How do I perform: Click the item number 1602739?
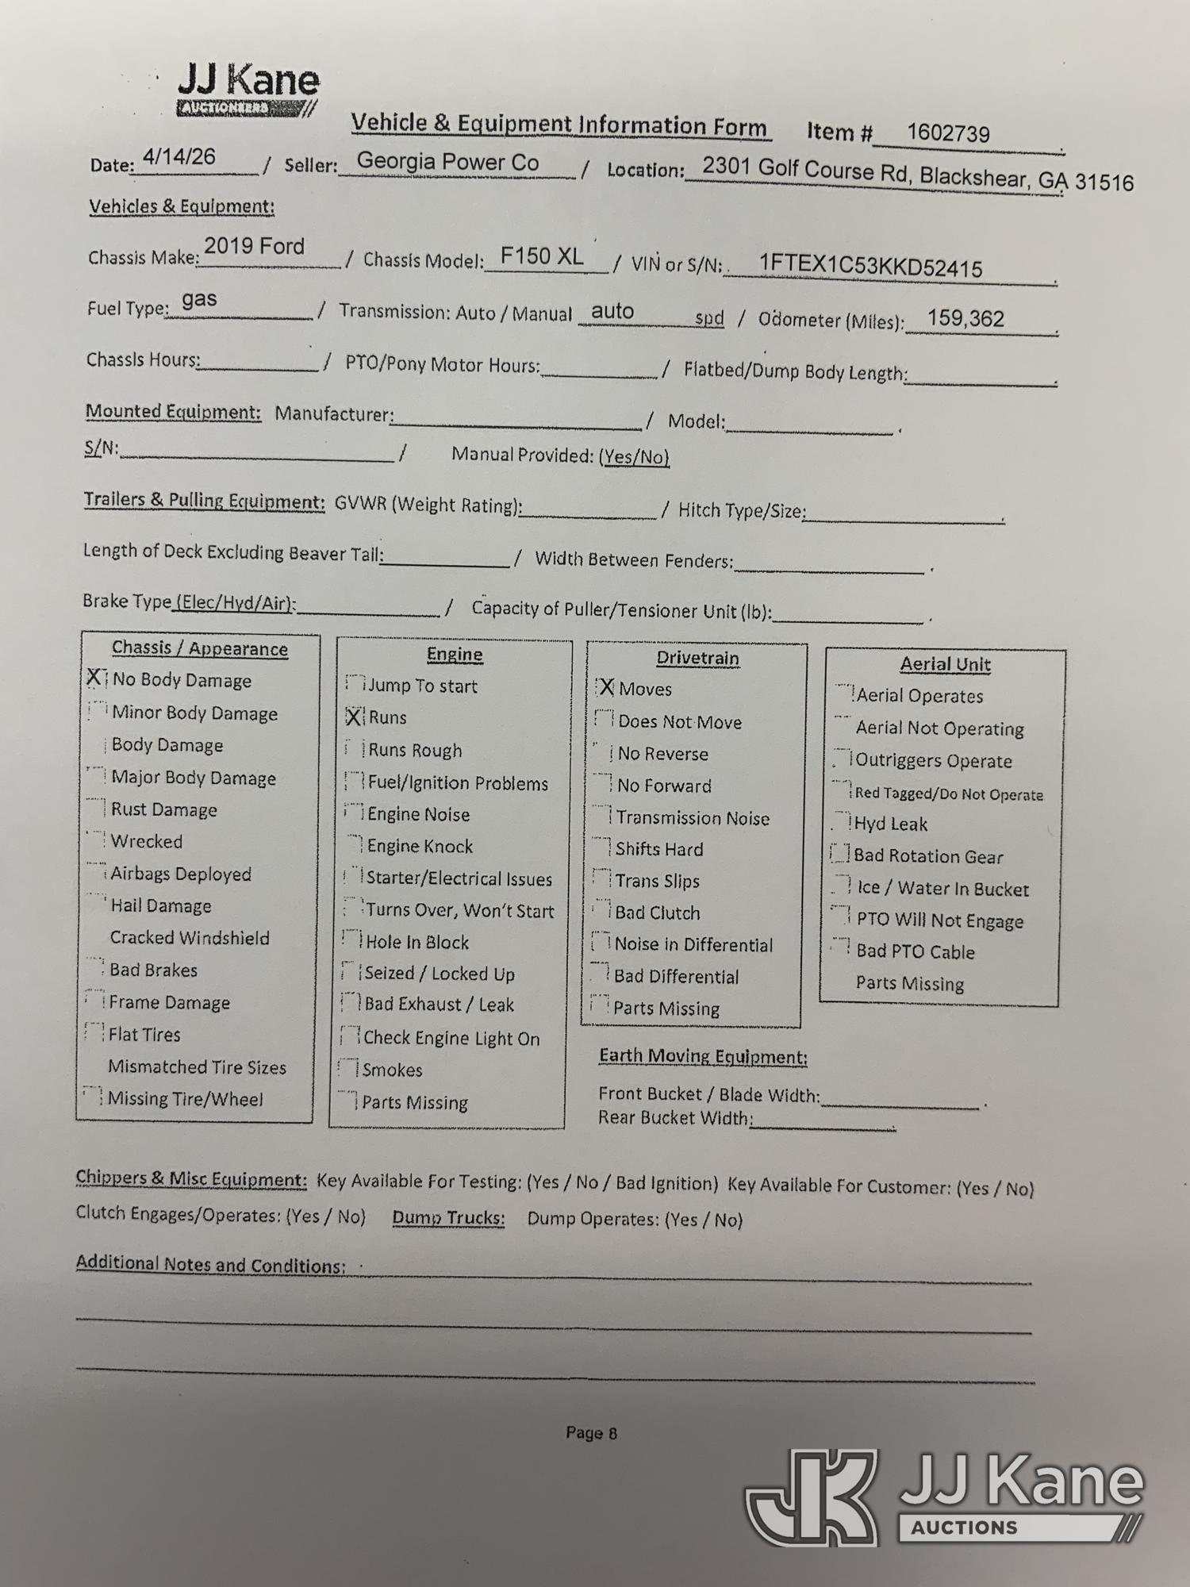tap(948, 133)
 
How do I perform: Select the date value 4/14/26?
tap(178, 156)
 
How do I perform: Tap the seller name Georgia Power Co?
tap(447, 162)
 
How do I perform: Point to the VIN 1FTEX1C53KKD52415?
tap(870, 265)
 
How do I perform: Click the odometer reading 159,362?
tap(965, 318)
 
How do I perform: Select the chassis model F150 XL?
tap(542, 256)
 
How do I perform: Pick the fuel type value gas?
tap(199, 299)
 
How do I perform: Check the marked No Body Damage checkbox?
tap(95, 678)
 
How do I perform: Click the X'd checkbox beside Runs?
tap(355, 717)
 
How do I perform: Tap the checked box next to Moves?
tap(605, 688)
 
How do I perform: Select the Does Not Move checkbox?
tap(605, 720)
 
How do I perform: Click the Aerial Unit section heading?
tap(945, 664)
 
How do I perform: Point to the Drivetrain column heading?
tap(697, 658)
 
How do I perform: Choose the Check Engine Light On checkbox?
tap(350, 1036)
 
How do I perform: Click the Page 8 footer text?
tap(591, 1433)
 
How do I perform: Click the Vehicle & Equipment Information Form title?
tap(559, 125)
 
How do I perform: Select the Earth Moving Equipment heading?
tap(703, 1056)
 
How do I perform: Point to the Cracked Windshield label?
tap(190, 938)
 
